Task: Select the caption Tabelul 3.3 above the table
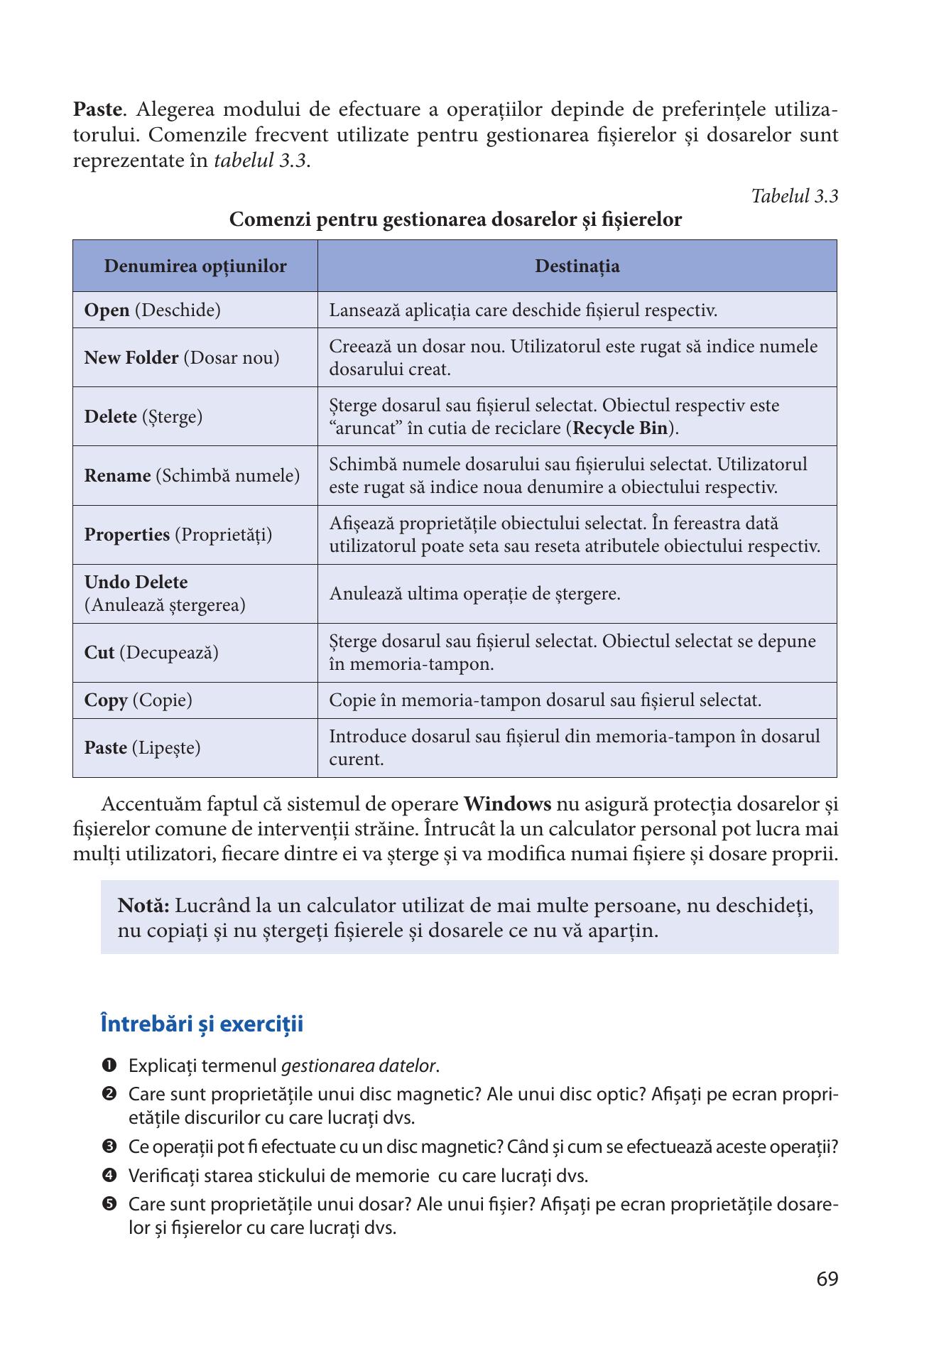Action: click(x=794, y=197)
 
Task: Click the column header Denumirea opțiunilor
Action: click(x=195, y=266)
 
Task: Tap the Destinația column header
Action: click(x=577, y=266)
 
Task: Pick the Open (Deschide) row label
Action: click(x=152, y=310)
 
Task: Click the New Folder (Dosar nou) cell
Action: click(x=182, y=358)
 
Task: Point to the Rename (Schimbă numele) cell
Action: click(x=192, y=476)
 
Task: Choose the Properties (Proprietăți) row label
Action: click(x=178, y=535)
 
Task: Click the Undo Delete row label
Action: click(x=136, y=582)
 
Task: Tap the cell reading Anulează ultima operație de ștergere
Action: click(x=474, y=594)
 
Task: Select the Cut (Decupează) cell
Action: click(x=151, y=653)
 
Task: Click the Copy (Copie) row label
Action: click(x=138, y=700)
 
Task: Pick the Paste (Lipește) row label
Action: click(x=142, y=748)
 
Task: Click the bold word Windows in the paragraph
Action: click(x=507, y=805)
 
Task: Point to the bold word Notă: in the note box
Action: click(x=143, y=906)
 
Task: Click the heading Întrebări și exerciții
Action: click(x=202, y=1024)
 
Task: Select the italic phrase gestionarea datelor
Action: click(x=359, y=1066)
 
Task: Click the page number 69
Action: click(x=827, y=1279)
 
